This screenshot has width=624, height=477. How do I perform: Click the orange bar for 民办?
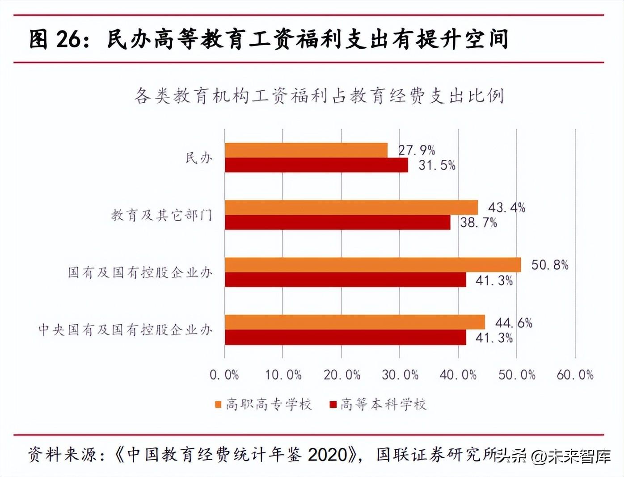tap(306, 151)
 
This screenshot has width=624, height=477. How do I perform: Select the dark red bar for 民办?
tap(316, 165)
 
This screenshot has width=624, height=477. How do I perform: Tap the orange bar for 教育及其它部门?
tap(351, 208)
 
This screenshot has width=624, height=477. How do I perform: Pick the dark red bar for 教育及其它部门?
tap(337, 222)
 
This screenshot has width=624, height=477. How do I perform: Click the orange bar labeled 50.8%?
tap(373, 265)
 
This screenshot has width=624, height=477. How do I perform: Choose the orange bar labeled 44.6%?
tap(355, 322)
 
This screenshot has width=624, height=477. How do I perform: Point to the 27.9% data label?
tap(417, 150)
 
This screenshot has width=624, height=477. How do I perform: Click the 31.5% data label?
tap(437, 165)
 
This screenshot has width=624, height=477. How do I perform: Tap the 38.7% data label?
tap(478, 222)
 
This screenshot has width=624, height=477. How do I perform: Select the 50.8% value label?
tap(549, 265)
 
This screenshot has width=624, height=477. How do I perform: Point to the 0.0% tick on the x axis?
tap(224, 375)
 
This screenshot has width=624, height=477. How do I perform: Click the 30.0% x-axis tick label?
tap(400, 375)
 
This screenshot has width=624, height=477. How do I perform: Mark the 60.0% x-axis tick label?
tap(575, 375)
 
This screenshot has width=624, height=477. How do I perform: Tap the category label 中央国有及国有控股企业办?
tap(125, 330)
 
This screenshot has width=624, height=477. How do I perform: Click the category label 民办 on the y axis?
tap(199, 158)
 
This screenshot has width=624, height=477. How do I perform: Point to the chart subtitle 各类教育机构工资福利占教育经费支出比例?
tap(319, 96)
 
